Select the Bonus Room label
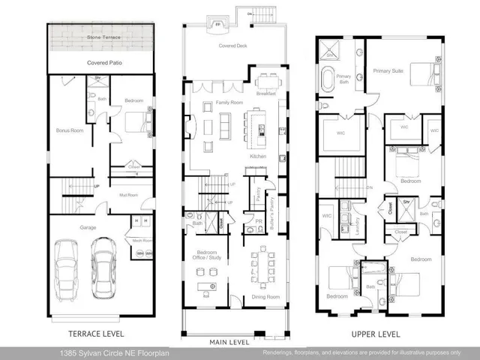tap(68, 130)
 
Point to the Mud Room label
tap(130, 195)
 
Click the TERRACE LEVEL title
tap(96, 334)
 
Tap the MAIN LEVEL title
tap(229, 342)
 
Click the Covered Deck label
tap(232, 46)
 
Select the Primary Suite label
tap(388, 70)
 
